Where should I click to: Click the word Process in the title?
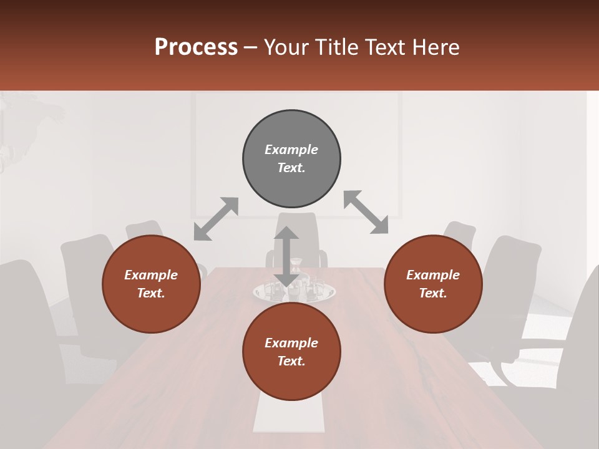point(196,47)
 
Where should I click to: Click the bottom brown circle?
point(291,380)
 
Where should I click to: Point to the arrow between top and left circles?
point(216,219)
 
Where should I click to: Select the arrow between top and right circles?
point(366,213)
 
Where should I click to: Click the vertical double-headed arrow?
point(286,256)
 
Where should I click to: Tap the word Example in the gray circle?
point(291,150)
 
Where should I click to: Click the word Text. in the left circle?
point(151,293)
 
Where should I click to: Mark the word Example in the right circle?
point(433,275)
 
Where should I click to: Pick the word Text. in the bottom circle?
point(291,361)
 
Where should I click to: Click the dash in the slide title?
point(251,47)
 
